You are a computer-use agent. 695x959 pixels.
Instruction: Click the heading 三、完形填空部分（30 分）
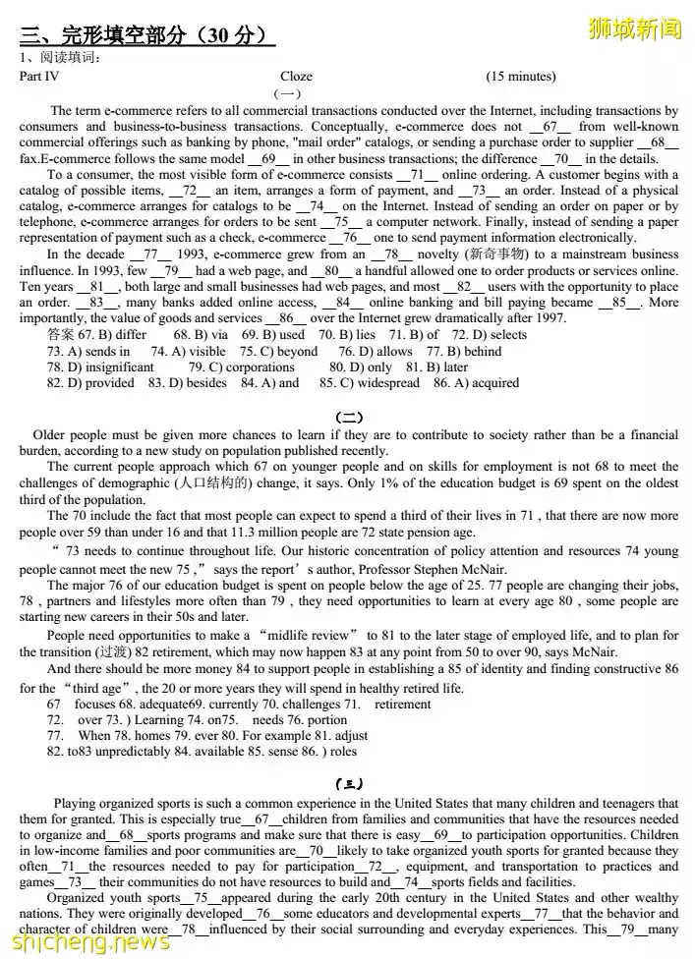145,36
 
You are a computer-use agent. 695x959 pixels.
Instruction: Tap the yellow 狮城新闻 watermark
633,28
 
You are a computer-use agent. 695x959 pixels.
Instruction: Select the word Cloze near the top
296,77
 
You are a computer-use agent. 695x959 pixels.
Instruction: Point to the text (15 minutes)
520,77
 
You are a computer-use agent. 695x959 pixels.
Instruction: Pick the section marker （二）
347,416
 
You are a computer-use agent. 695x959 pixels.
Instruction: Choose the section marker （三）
347,783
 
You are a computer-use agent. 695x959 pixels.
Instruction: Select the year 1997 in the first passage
550,318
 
